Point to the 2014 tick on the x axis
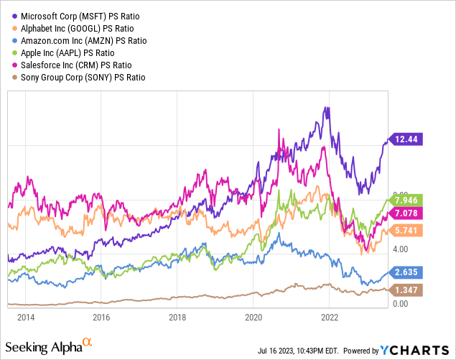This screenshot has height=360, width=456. coord(25,316)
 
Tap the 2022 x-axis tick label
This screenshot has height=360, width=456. coord(330,316)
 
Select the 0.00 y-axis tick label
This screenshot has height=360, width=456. coord(401,305)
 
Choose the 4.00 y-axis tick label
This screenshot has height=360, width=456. coord(401,249)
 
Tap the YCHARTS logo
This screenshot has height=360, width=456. coord(417,350)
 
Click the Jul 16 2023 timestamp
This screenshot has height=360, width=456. coord(301,351)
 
